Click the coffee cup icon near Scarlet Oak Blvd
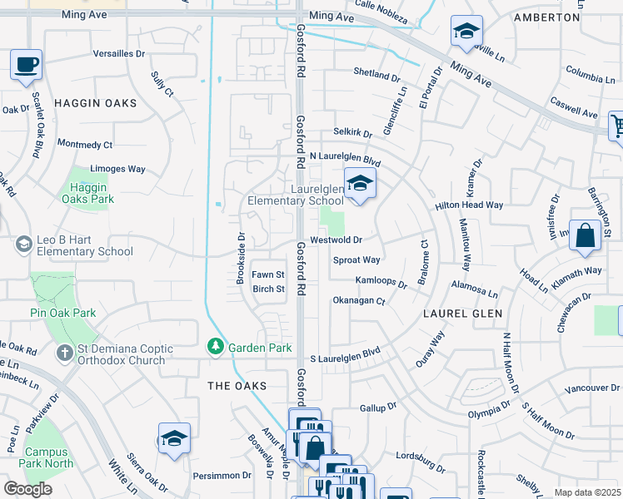[x=27, y=64]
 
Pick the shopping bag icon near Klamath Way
[x=586, y=235]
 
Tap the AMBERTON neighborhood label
[x=546, y=17]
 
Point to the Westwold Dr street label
[x=335, y=240]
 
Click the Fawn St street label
[x=268, y=274]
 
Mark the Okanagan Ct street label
[x=359, y=300]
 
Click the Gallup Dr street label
[x=378, y=408]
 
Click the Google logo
[x=27, y=489]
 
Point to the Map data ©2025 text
[x=587, y=492]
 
